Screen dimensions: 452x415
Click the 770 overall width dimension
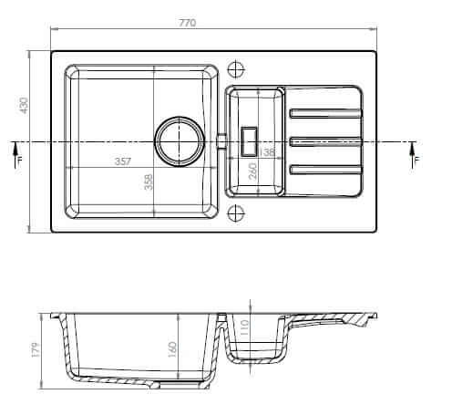188,23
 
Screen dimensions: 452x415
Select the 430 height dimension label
24,105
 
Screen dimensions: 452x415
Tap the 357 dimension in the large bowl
123,161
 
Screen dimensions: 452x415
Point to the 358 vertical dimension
149,182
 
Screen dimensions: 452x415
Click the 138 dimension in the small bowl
267,151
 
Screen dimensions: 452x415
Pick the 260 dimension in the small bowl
252,171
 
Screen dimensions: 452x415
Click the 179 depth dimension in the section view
36,349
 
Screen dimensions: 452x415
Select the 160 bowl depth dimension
172,349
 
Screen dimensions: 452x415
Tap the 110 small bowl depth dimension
244,327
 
